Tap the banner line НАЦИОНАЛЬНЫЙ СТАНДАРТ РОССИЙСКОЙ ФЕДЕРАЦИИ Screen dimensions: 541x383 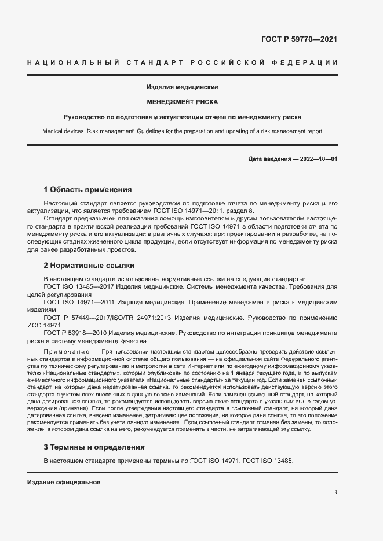[183, 62]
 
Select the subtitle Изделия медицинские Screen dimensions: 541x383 [182, 87]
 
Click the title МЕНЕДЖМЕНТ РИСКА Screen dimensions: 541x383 [182, 102]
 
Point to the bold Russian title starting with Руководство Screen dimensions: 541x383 [182, 117]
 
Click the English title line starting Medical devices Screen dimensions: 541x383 [182, 131]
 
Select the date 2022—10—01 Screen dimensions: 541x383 [318, 159]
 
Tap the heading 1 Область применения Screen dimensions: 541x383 [88, 189]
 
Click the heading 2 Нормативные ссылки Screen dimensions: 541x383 [89, 266]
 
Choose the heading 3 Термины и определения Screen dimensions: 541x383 [94, 447]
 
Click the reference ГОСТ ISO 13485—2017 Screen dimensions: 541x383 [78, 287]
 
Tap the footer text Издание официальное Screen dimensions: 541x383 [64, 481]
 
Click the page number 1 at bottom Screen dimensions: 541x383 [335, 492]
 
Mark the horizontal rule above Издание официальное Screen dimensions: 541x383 [182, 473]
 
